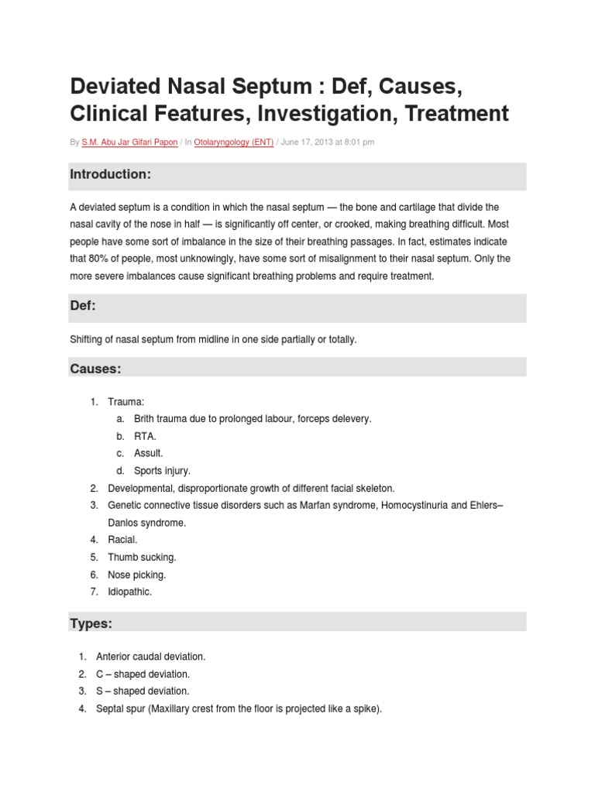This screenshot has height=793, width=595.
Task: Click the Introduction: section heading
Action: [110, 175]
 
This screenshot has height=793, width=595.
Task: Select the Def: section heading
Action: [83, 307]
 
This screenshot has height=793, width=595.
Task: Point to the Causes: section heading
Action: [95, 369]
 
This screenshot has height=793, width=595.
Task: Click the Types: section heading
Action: [91, 623]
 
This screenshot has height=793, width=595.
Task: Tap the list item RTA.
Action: [145, 436]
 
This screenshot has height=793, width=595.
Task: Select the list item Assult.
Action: [148, 453]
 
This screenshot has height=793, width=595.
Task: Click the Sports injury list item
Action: [162, 470]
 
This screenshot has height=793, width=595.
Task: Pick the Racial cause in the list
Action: [122, 540]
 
